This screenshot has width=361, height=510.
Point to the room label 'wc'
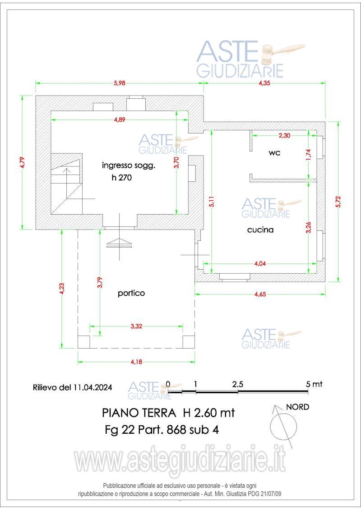[274, 153]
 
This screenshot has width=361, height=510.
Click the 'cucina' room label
[260, 230]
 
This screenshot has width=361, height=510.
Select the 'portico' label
[131, 293]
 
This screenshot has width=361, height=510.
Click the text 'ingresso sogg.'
[128, 165]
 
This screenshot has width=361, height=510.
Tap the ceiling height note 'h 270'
[121, 178]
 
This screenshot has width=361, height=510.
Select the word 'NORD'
[298, 407]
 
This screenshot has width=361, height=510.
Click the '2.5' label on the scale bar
[238, 384]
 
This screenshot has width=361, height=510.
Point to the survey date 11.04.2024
[92, 387]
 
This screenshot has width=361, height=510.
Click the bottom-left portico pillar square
[84, 342]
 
